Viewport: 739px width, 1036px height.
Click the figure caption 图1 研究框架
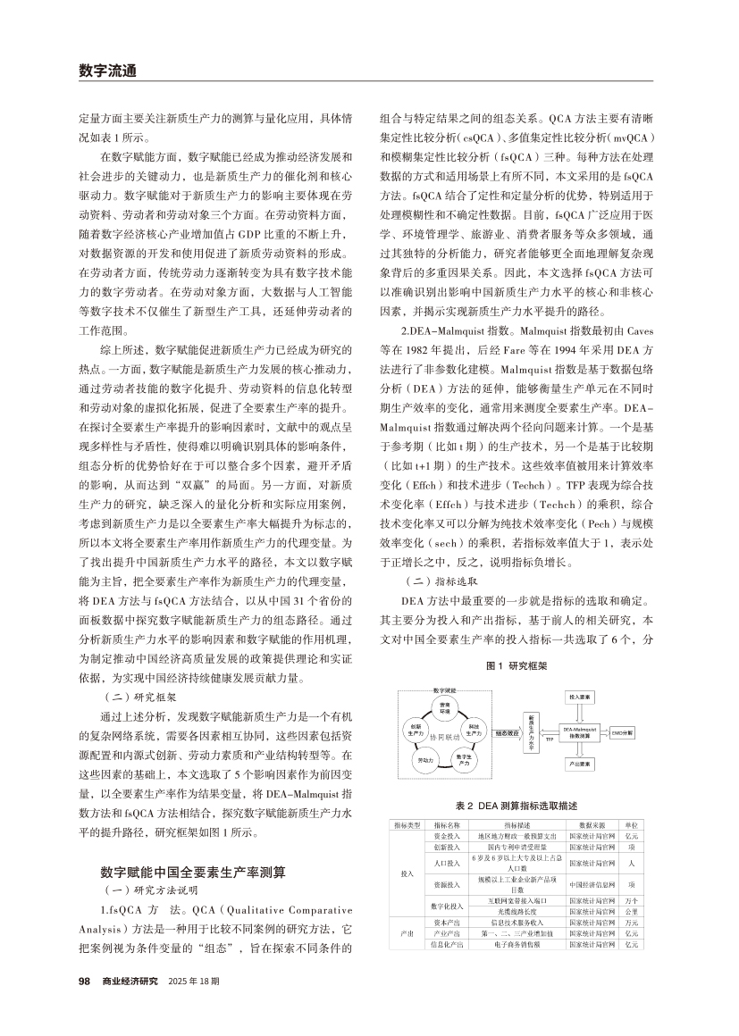point(516,665)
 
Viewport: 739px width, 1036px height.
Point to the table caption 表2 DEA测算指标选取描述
point(516,804)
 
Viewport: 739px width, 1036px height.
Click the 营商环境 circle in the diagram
point(445,707)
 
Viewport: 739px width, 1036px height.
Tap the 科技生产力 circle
point(474,731)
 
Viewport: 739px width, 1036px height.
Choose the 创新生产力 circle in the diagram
point(416,731)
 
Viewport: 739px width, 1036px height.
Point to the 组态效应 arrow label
point(507,731)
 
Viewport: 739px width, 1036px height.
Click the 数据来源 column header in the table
point(592,825)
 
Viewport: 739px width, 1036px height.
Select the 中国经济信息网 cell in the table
point(592,885)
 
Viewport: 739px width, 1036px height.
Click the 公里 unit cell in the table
point(632,911)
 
